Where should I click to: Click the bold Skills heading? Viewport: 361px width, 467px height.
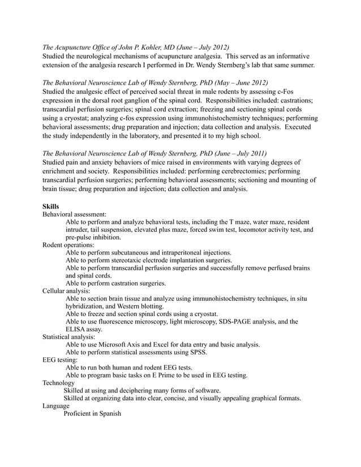(51, 206)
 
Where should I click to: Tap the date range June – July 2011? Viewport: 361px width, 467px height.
(235, 153)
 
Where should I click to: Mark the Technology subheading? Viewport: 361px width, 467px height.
(58, 383)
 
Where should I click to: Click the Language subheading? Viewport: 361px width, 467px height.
(56, 406)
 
